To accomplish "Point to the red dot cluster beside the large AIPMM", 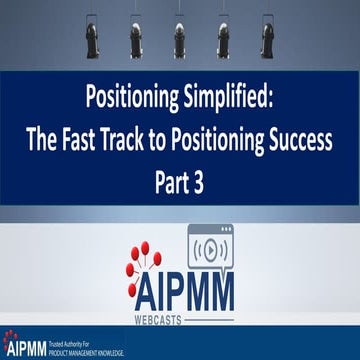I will [x=146, y=266].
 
